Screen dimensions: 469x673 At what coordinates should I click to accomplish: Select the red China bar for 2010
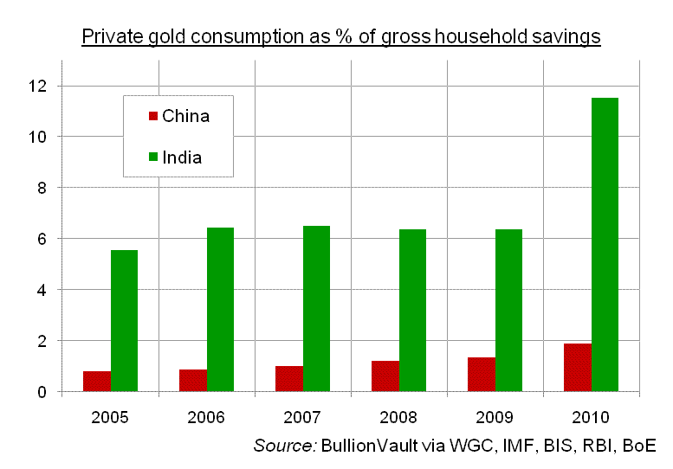click(578, 368)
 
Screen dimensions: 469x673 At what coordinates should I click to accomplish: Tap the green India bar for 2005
click(124, 320)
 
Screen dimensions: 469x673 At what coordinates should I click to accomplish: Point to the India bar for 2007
click(316, 308)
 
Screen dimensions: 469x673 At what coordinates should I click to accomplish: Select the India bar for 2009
click(508, 310)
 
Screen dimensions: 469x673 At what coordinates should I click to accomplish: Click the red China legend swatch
click(153, 116)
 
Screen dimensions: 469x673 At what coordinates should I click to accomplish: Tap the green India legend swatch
click(153, 157)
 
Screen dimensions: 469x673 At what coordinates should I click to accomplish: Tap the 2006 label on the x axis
click(206, 417)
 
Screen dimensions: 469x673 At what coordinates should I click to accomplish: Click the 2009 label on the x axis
click(495, 417)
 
